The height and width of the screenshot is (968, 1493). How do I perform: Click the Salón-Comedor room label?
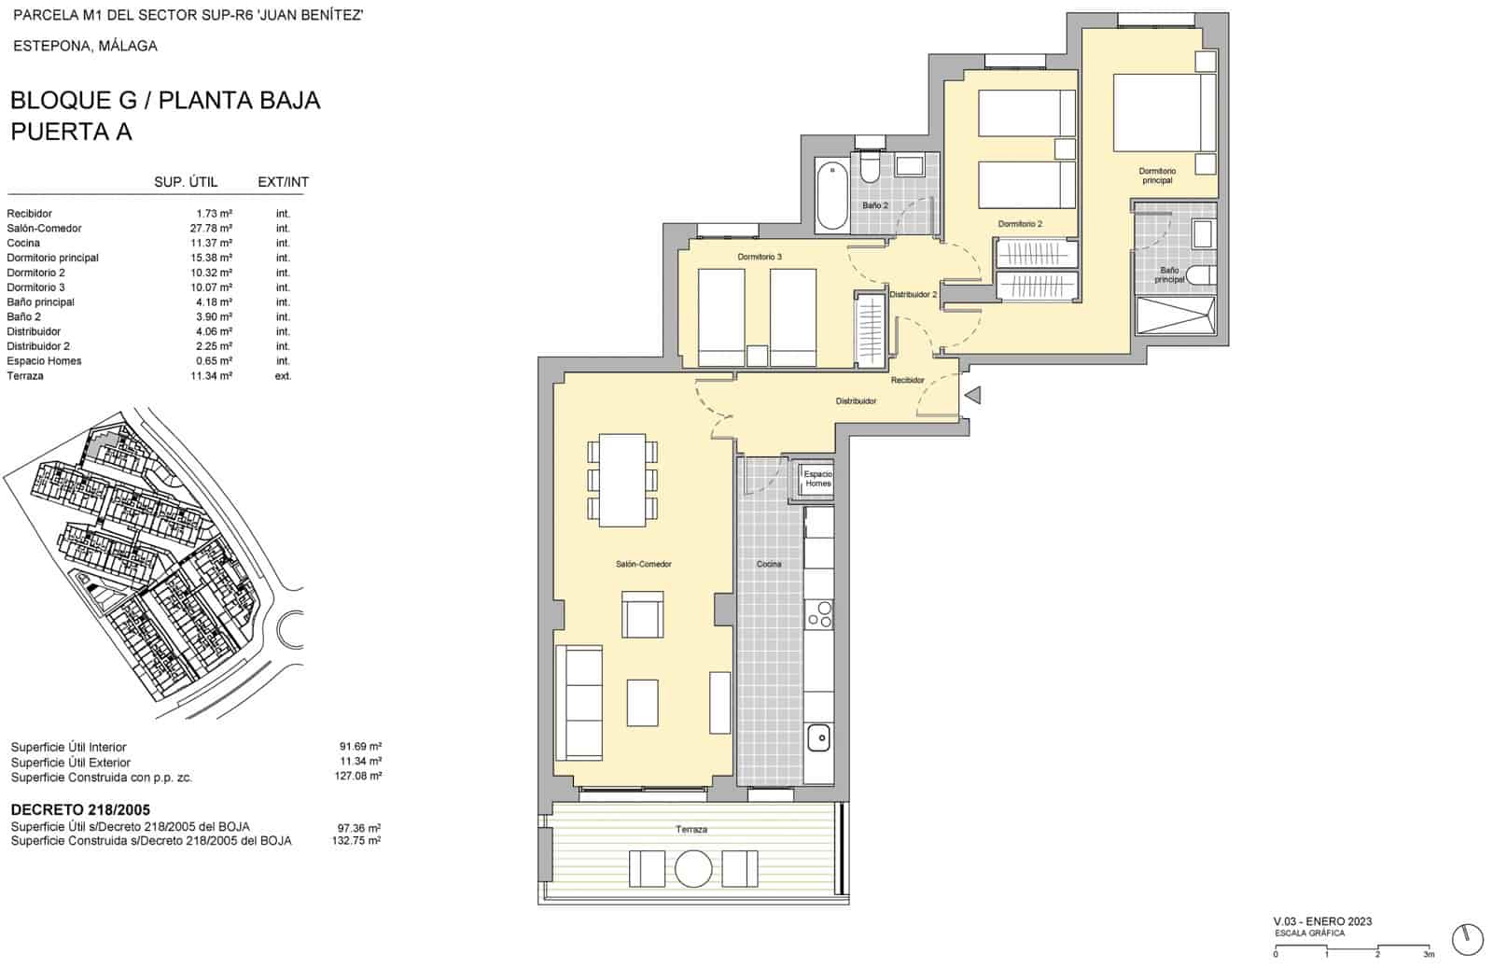click(x=643, y=564)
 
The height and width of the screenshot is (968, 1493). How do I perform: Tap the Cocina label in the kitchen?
click(x=769, y=564)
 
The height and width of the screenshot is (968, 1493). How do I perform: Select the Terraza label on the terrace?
click(x=691, y=829)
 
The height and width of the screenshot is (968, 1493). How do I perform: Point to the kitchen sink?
click(x=818, y=737)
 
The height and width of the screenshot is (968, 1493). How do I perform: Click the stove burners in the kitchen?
click(x=819, y=614)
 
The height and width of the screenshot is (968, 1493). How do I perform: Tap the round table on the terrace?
click(x=693, y=869)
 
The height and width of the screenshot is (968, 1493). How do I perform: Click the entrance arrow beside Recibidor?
click(x=972, y=396)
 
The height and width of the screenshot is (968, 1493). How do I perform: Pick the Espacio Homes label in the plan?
click(x=817, y=479)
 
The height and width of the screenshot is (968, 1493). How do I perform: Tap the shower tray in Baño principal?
click(x=1175, y=316)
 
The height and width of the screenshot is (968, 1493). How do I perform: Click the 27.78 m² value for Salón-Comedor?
click(x=211, y=228)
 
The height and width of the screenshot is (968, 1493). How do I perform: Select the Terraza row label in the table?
click(x=25, y=375)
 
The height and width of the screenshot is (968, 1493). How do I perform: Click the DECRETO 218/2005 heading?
click(x=80, y=809)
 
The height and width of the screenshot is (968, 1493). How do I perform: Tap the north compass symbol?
click(x=1467, y=939)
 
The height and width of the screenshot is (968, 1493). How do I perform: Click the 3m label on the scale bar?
click(x=1428, y=954)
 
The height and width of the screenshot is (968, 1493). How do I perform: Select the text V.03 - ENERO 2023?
click(x=1322, y=921)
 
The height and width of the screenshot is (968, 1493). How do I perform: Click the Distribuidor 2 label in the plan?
click(x=913, y=294)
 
